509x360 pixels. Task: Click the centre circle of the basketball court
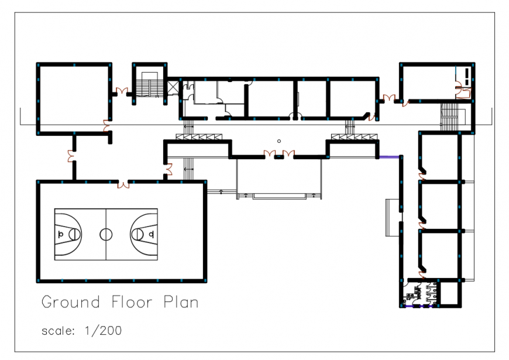click(106, 234)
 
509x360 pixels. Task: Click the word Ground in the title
click(65, 303)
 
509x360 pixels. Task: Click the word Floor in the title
click(127, 303)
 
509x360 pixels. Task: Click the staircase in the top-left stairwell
click(150, 88)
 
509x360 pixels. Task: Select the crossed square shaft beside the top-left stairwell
click(173, 87)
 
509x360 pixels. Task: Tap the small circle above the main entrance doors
click(279, 141)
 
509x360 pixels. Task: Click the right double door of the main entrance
click(288, 155)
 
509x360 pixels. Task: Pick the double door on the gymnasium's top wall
click(123, 184)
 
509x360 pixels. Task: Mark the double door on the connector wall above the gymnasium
click(71, 156)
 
